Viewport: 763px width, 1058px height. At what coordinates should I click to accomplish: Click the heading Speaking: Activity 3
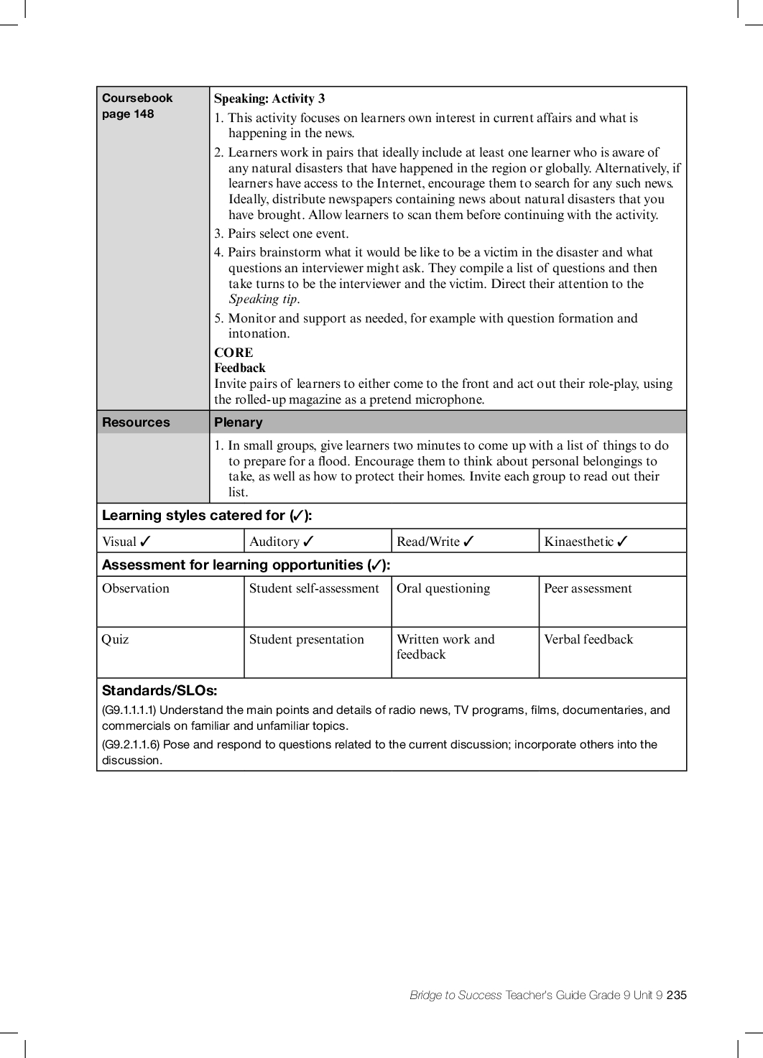(x=269, y=99)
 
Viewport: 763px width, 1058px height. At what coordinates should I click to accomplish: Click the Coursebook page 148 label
(x=137, y=106)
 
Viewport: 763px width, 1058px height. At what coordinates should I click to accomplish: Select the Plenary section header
(x=239, y=422)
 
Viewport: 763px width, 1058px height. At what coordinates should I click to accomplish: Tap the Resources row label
(x=136, y=422)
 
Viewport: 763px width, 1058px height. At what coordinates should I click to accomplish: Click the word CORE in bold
(x=233, y=353)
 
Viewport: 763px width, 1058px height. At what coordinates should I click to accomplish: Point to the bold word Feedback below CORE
(x=240, y=368)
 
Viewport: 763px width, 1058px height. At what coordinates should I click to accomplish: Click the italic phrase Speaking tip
(x=263, y=300)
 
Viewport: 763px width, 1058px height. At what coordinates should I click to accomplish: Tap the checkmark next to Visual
(x=146, y=542)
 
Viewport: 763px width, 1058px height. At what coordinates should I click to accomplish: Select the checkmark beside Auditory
(x=308, y=542)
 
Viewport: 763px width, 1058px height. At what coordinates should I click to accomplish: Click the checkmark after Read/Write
(x=468, y=542)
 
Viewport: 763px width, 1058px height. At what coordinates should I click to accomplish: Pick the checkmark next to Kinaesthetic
(x=622, y=542)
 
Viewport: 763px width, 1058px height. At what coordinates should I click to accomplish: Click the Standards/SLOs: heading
(x=159, y=691)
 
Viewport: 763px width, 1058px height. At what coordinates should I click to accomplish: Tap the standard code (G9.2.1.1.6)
(x=131, y=745)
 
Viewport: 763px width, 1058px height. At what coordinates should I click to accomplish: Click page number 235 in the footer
(x=676, y=995)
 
